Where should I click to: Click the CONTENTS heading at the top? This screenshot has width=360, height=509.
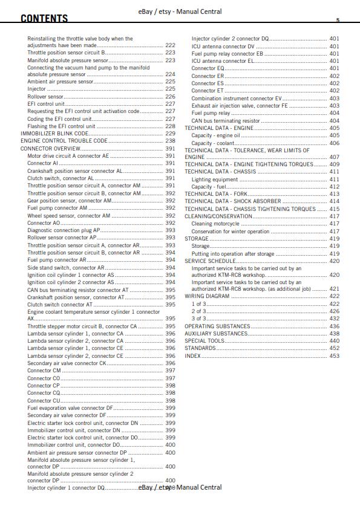pos(44,19)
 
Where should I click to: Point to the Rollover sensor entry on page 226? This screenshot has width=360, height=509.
pos(45,97)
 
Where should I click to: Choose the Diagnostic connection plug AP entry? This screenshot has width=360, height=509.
pos(64,230)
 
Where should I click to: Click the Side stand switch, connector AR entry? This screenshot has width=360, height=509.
pos(66,267)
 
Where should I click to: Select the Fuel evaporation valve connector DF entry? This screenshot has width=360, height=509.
pos(70,408)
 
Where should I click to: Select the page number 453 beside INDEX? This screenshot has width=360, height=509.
pos(334,356)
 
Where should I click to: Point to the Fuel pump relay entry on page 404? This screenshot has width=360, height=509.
pos(211,113)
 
